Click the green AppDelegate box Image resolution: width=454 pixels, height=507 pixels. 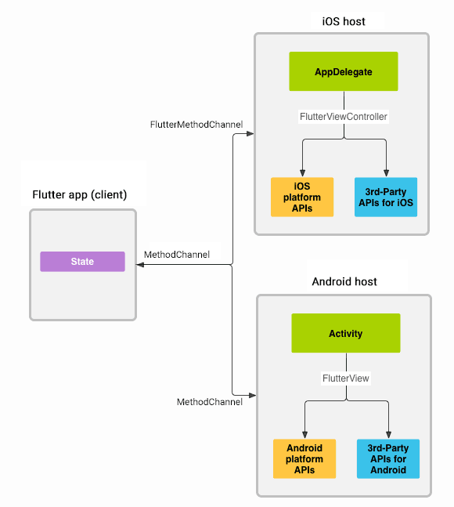pyautogui.click(x=344, y=71)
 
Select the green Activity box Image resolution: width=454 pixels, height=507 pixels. pyautogui.click(x=345, y=333)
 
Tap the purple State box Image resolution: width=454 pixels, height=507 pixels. pyautogui.click(x=82, y=262)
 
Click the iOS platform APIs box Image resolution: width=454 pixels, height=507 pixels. pyautogui.click(x=302, y=197)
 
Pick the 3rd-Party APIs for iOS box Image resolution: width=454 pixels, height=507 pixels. pyautogui.click(x=385, y=197)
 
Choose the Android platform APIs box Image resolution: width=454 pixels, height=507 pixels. pyautogui.click(x=304, y=458)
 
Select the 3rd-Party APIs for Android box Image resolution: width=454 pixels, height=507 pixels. pyautogui.click(x=387, y=458)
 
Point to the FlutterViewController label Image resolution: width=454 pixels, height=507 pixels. pyautogui.click(x=344, y=116)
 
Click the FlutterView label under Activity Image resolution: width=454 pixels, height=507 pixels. pyautogui.click(x=345, y=378)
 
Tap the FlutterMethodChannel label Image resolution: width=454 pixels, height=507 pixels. pyautogui.click(x=196, y=125)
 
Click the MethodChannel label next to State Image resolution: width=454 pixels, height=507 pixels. pyautogui.click(x=176, y=255)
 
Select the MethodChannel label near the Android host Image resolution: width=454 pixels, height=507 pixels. pyautogui.click(x=209, y=402)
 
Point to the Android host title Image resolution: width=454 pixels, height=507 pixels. pyautogui.click(x=344, y=281)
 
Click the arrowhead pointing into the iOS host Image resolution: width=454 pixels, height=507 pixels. pyautogui.click(x=250, y=134)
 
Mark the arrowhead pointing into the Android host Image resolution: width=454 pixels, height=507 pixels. pyautogui.click(x=252, y=394)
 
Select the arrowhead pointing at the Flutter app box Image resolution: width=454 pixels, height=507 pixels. pyautogui.click(x=141, y=266)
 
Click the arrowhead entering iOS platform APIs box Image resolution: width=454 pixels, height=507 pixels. pyautogui.click(x=302, y=173)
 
